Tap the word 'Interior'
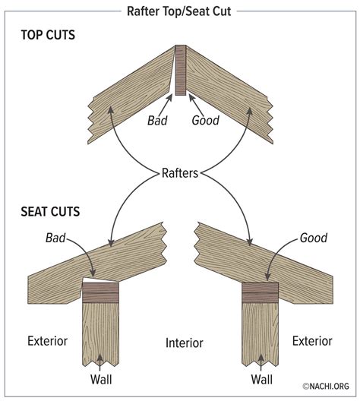coord(183,343)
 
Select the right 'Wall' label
coord(261,378)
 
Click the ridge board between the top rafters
coord(181,71)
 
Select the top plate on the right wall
coord(261,294)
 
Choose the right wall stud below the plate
coord(261,334)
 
